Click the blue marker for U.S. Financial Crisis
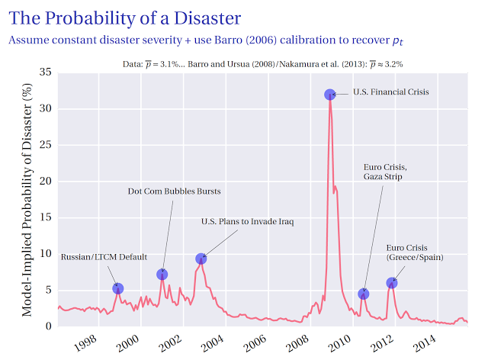point(329,95)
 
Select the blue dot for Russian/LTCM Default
point(118,288)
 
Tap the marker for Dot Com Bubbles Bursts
point(162,275)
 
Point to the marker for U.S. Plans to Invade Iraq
point(201,259)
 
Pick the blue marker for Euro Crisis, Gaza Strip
point(364,294)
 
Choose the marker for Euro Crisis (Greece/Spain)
point(392,283)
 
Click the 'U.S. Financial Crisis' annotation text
point(391,92)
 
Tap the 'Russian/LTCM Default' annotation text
point(104,257)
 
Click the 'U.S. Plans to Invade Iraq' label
point(247,222)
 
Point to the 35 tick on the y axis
point(46,72)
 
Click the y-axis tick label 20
point(46,182)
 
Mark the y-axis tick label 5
point(49,290)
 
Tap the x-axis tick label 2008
point(297,339)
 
